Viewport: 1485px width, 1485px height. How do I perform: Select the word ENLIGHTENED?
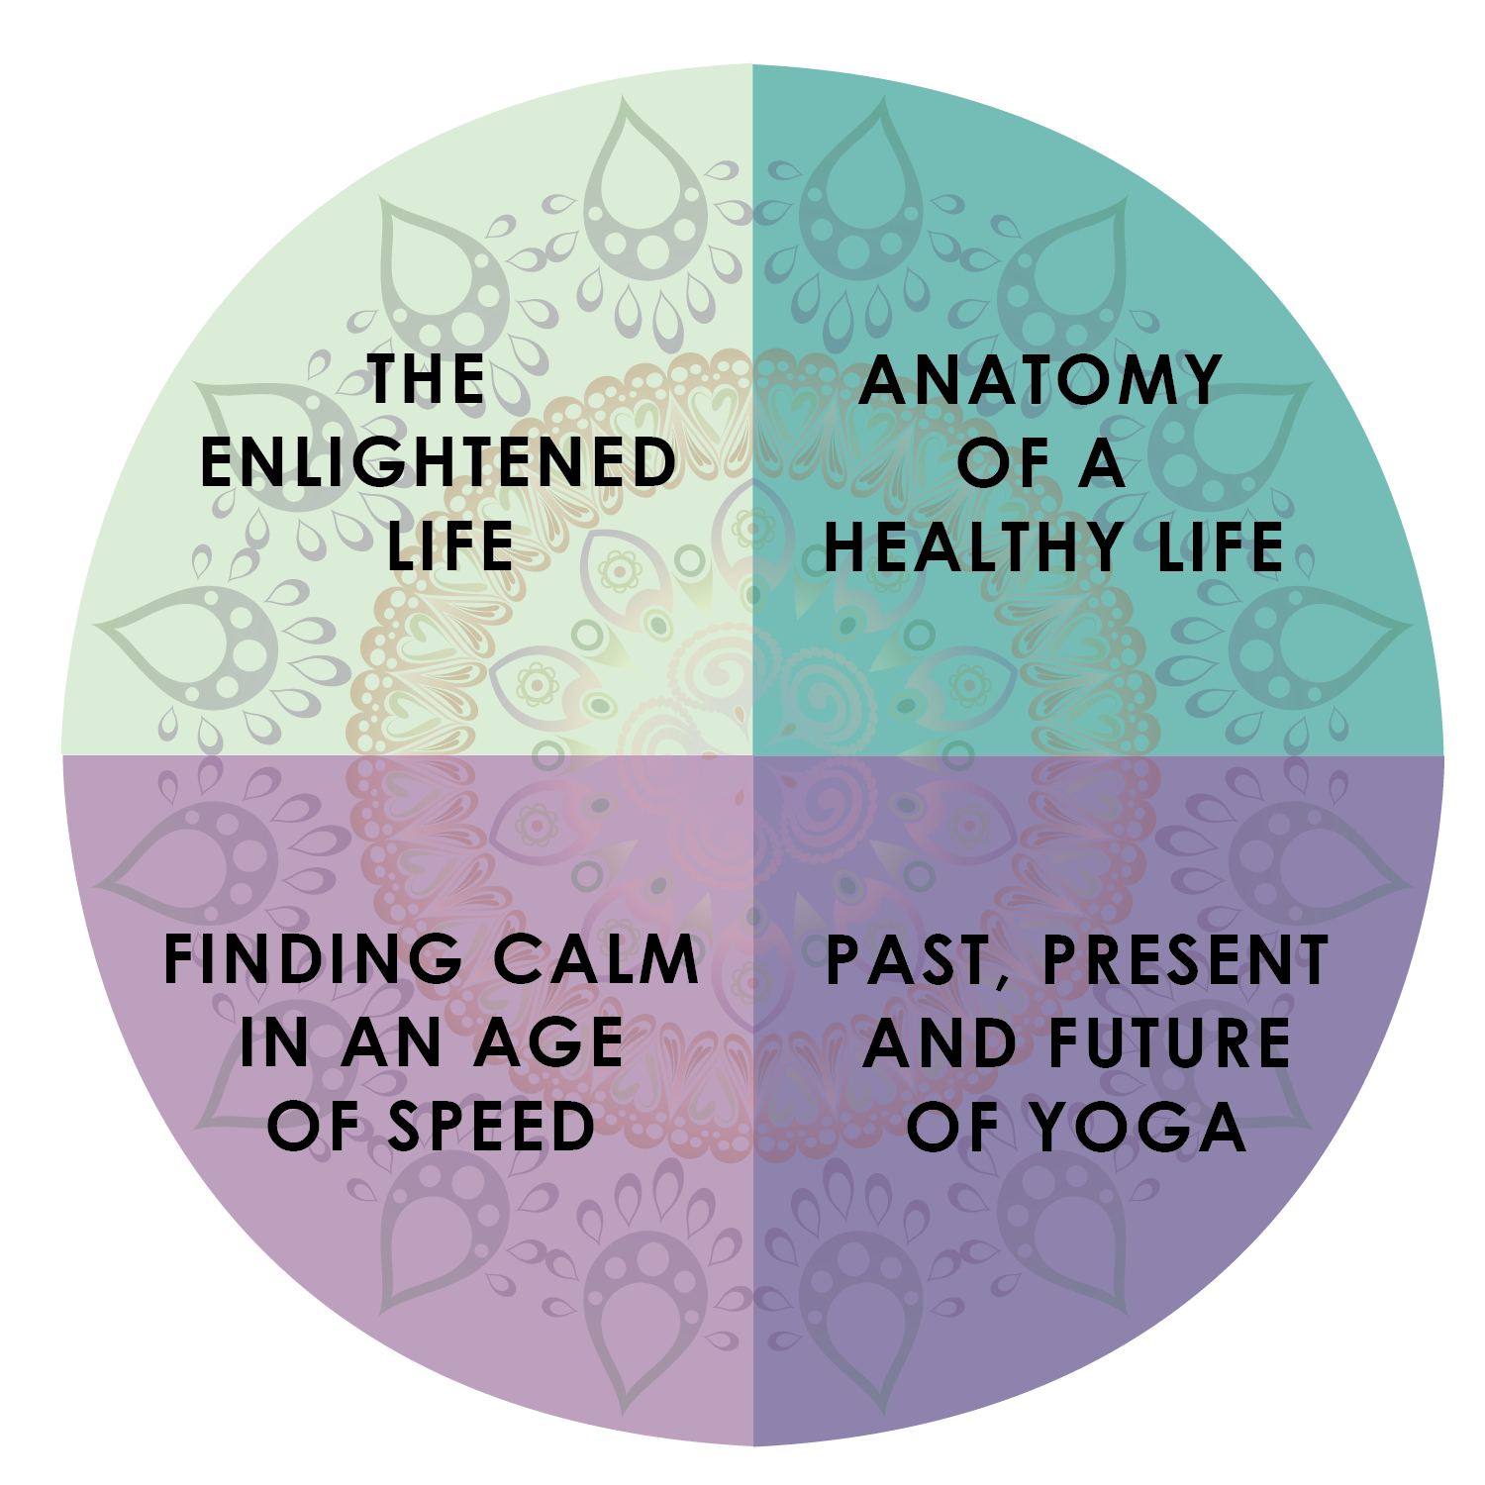click(439, 462)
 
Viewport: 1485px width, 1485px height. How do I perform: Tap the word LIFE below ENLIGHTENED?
click(450, 545)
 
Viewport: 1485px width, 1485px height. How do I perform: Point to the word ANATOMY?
click(1040, 379)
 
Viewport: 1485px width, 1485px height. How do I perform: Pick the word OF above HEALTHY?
click(1003, 462)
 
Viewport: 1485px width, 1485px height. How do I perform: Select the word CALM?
click(597, 959)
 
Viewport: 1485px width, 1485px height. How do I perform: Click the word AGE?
click(548, 1042)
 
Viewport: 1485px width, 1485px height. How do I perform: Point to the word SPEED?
click(492, 1127)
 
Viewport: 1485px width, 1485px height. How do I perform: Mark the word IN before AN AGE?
click(274, 1042)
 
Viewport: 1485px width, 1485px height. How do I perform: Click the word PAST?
click(907, 959)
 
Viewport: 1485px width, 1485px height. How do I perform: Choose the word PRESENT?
click(1186, 959)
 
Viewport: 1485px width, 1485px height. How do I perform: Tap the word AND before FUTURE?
click(940, 1042)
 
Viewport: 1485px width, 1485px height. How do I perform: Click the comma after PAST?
click(1001, 981)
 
